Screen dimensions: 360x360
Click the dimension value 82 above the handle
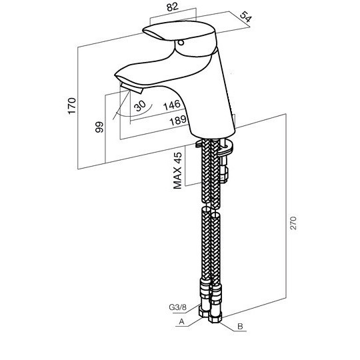coord(173,7)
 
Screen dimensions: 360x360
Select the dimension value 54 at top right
coord(246,17)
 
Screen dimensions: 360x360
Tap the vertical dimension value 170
coord(72,105)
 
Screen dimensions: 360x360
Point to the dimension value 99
coord(99,127)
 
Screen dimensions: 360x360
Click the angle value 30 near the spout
coord(140,105)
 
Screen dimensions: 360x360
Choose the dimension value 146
coord(172,105)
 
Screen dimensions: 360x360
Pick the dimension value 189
coord(178,120)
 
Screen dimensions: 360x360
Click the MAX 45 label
coord(177,171)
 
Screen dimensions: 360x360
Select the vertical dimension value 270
coord(293,223)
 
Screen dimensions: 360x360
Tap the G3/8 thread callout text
coord(178,307)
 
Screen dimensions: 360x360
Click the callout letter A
coord(181,321)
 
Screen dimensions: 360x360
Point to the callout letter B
coord(240,326)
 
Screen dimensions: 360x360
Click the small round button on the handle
coord(181,43)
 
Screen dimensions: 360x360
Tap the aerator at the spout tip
coord(131,88)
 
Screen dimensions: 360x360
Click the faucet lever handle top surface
coord(179,30)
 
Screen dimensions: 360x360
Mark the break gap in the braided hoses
coord(211,206)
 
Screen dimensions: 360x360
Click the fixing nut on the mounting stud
coord(224,175)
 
